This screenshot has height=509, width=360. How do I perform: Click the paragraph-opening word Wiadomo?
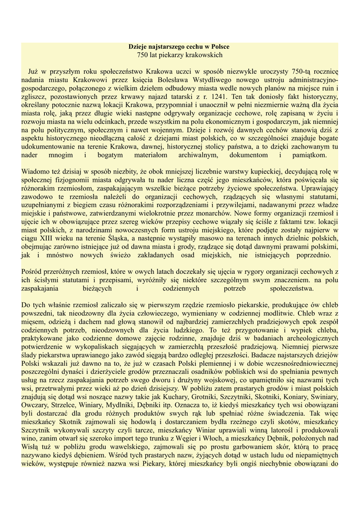click(x=35, y=172)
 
